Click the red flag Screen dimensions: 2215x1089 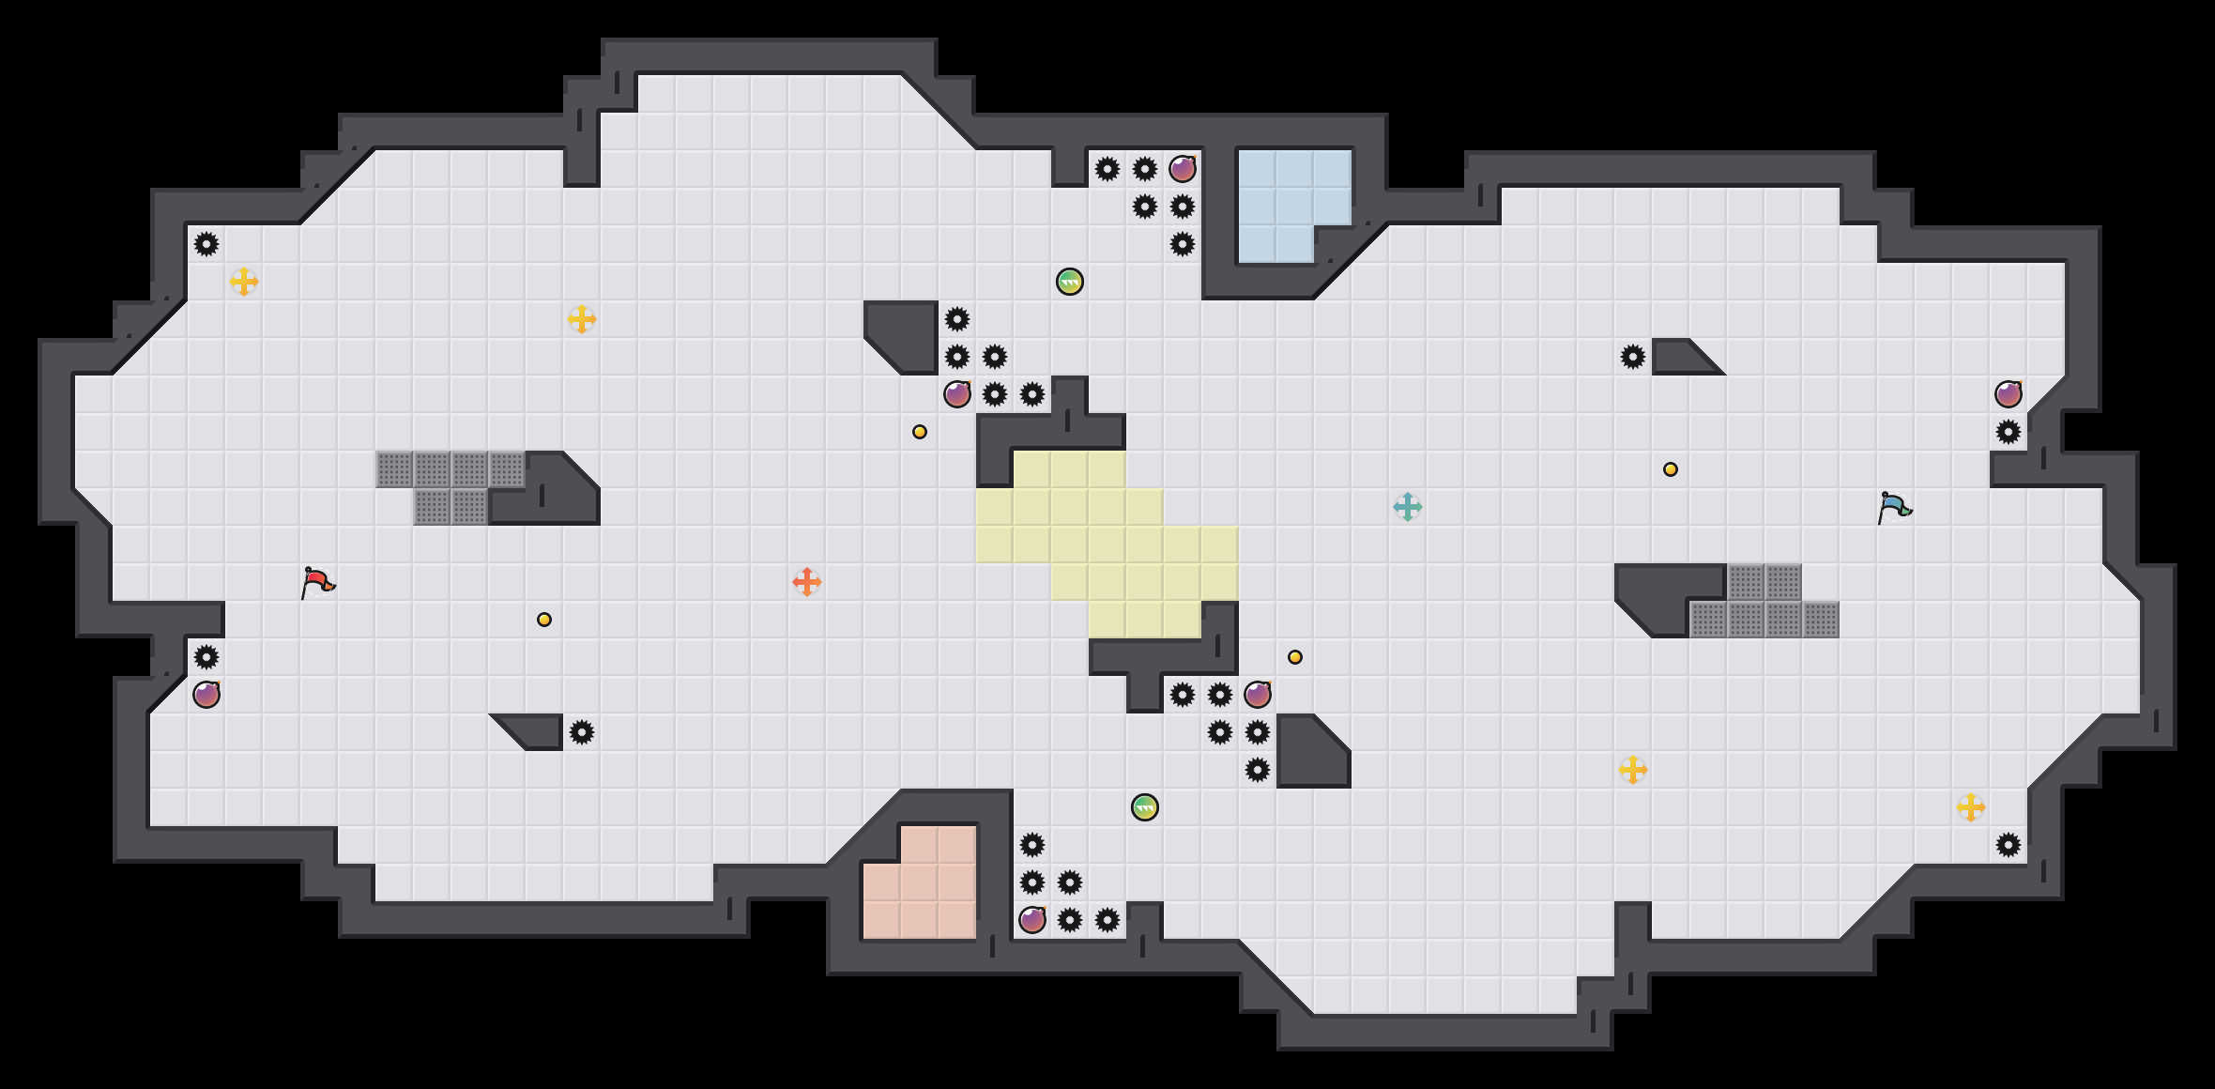tap(317, 582)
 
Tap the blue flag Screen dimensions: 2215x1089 tap(1894, 507)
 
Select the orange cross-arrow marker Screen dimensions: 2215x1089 tap(807, 582)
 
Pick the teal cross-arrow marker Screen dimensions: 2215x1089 tap(1408, 507)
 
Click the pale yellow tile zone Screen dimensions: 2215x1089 tap(1107, 544)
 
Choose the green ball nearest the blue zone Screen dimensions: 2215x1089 tap(1070, 282)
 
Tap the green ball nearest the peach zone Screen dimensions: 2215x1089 tap(1145, 807)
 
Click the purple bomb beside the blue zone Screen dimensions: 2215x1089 tap(1183, 169)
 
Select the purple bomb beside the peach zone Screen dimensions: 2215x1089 tap(1032, 920)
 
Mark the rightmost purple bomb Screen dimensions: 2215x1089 tap(2009, 394)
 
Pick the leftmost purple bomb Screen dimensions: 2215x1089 tap(206, 695)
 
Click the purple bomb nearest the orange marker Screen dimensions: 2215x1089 tap(957, 394)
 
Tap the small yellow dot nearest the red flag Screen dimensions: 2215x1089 tap(544, 620)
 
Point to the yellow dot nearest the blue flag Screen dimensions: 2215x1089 tap(1671, 469)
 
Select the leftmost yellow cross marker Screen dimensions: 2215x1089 tap(244, 282)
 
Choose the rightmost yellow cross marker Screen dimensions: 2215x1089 tap(1971, 807)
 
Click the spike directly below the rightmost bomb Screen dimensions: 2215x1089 tap(2009, 432)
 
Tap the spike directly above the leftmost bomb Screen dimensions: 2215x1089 tap(206, 657)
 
